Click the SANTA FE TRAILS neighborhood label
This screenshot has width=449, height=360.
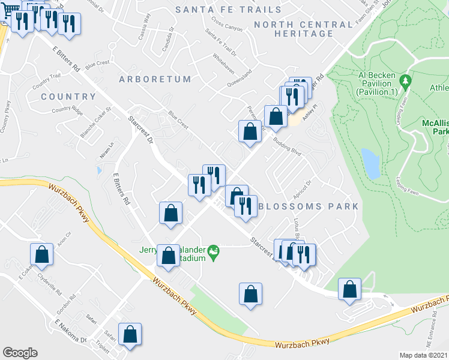[x=228, y=10]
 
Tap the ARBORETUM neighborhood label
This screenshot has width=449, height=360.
[x=155, y=79]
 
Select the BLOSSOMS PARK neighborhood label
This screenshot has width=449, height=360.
[x=308, y=206]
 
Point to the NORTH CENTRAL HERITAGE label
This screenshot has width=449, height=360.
[x=303, y=29]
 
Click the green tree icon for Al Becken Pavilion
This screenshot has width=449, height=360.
[x=406, y=80]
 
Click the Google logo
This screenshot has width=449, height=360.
[x=20, y=353]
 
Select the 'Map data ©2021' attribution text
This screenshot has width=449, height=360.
[x=423, y=355]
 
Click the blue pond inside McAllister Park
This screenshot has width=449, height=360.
[x=371, y=164]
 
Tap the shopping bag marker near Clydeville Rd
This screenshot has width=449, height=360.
[x=41, y=254]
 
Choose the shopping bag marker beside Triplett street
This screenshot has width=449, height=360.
[x=130, y=334]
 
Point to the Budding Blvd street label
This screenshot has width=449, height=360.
[x=287, y=146]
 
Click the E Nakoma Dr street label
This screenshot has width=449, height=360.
[x=71, y=331]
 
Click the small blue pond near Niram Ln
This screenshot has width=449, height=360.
[x=98, y=170]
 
